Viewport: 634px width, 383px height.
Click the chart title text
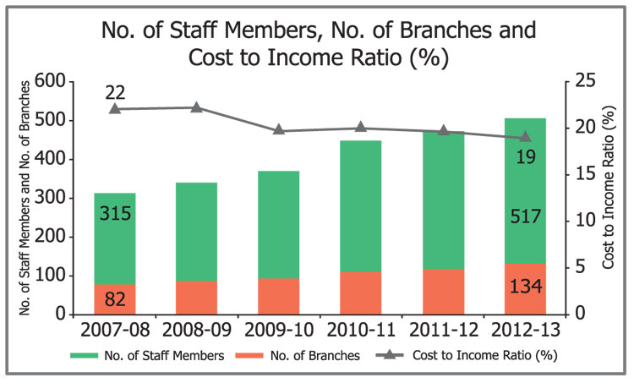[318, 45]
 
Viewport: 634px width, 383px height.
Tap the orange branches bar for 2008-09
[196, 297]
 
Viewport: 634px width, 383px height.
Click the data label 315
[115, 214]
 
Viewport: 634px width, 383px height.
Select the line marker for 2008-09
[196, 107]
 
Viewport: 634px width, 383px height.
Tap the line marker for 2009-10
[279, 130]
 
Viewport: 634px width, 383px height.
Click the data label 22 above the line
[115, 91]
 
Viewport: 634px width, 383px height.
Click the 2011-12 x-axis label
[443, 327]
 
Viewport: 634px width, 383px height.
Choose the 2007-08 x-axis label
[115, 327]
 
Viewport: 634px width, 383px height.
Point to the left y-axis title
[25, 197]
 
